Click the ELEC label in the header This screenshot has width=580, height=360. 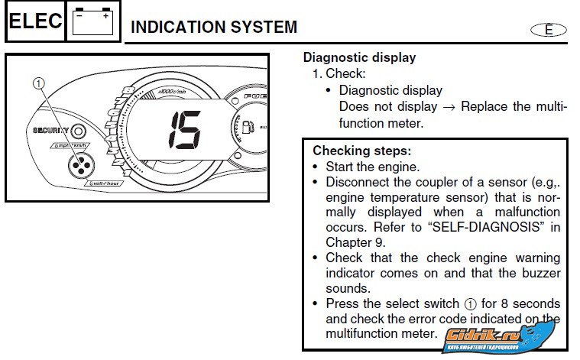[34, 21]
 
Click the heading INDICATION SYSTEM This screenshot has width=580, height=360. [214, 28]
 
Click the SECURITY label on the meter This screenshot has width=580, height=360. [51, 131]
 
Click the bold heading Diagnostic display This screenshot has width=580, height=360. [359, 57]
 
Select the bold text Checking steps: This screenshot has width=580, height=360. [361, 151]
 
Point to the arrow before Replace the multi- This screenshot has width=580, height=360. [449, 106]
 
